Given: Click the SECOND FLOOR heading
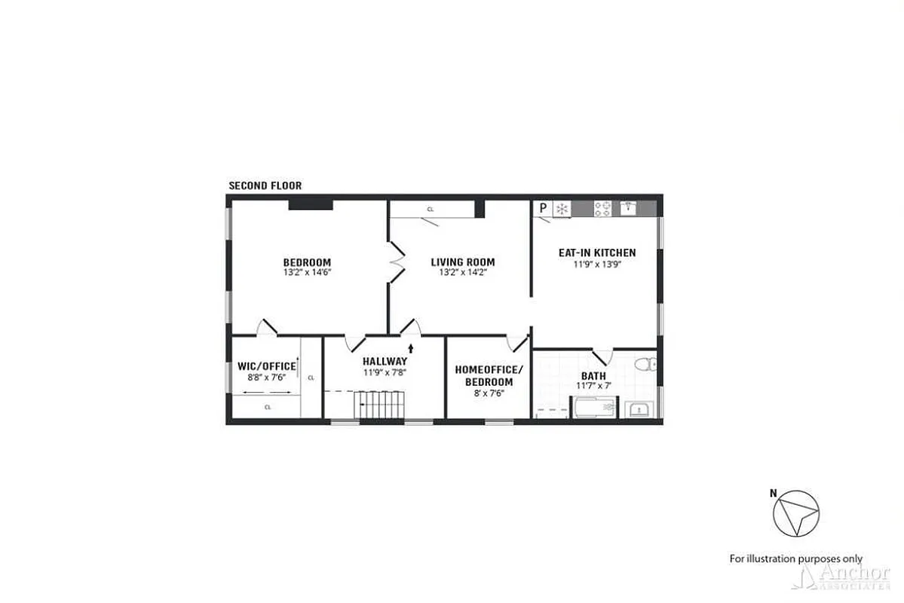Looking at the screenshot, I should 265,185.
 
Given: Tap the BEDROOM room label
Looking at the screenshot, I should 306,262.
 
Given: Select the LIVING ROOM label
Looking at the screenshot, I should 463,262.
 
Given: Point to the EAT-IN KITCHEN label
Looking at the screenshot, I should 596,253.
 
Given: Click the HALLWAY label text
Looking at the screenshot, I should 384,361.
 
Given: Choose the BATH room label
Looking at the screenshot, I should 593,376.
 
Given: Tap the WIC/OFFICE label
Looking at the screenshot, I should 262,367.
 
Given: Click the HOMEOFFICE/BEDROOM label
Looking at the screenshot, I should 483,375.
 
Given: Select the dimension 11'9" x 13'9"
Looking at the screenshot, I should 596,265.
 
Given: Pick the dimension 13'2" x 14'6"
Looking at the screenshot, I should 306,273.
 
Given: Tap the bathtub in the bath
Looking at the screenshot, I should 595,409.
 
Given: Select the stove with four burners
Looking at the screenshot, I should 602,208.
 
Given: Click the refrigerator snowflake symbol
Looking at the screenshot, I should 562,208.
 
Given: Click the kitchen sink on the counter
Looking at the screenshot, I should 630,207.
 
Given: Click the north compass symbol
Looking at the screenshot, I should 795,515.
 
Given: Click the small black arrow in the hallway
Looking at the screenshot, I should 410,348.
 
